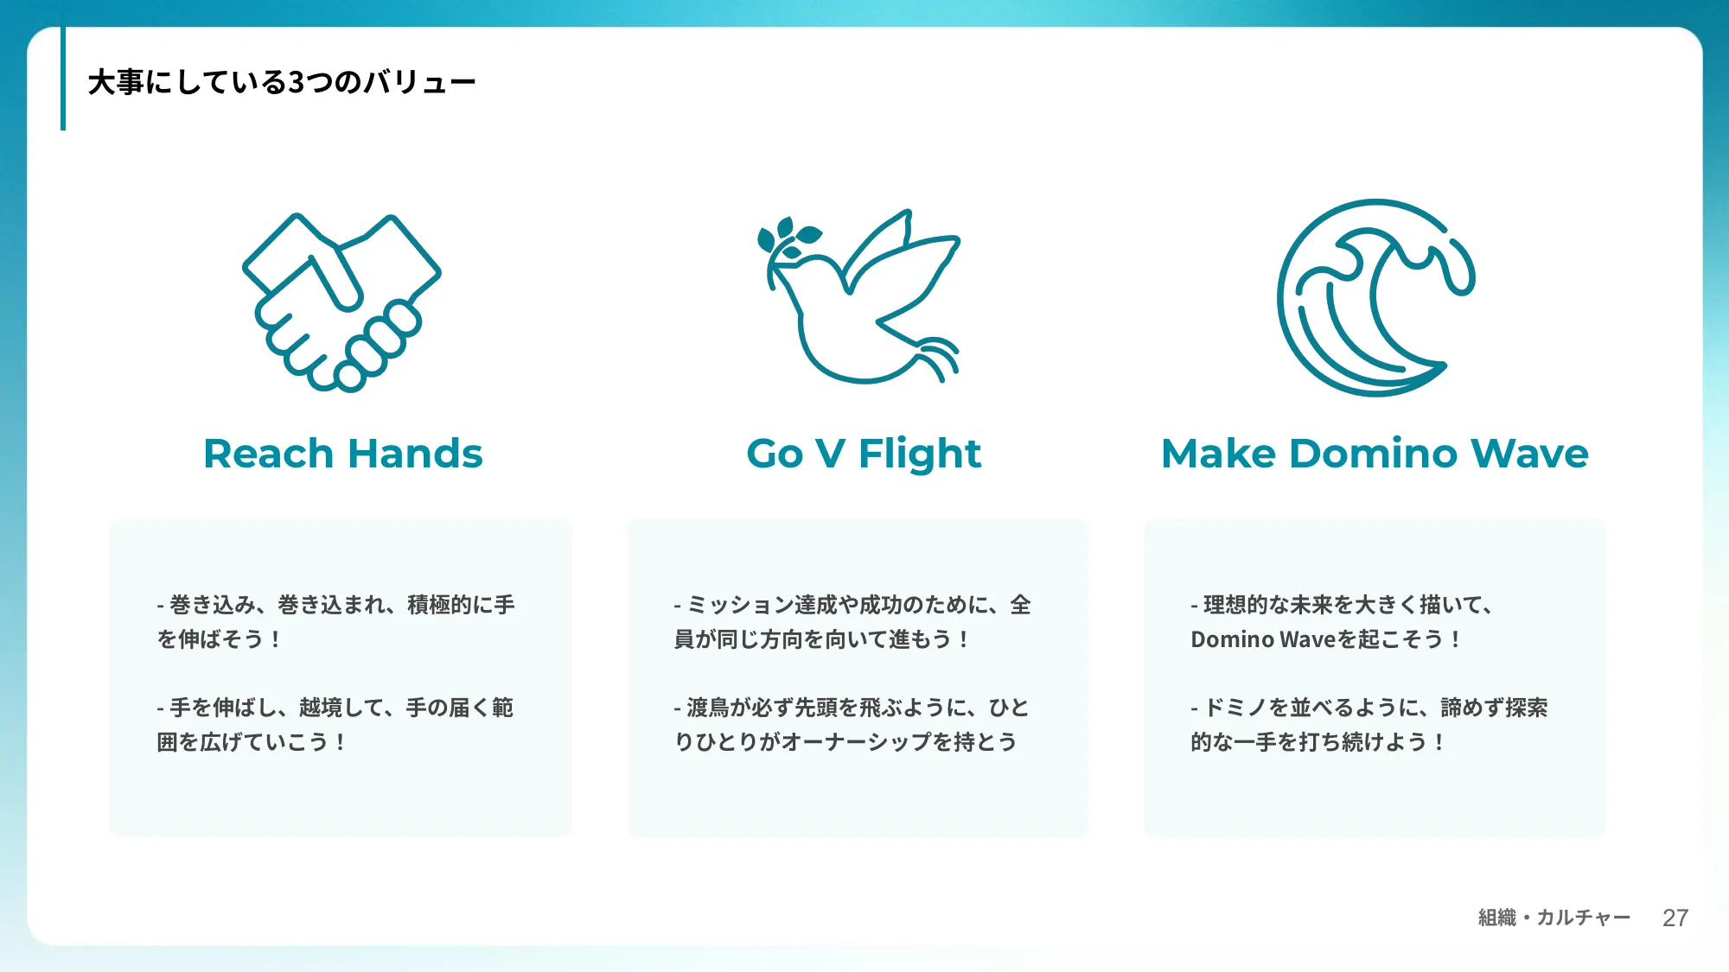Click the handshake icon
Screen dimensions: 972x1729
341,302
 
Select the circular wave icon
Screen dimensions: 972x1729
1375,298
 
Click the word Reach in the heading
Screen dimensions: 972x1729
268,454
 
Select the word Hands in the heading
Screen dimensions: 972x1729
415,454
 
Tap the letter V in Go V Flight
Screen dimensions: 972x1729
829,454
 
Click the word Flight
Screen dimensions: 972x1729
920,454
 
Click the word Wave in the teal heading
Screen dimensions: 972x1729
1529,454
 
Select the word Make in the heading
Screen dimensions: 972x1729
1218,454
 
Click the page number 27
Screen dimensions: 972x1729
1675,918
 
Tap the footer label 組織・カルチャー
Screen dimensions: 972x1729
1554,918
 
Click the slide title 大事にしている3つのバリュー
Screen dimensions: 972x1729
282,82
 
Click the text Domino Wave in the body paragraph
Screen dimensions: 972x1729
1263,639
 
